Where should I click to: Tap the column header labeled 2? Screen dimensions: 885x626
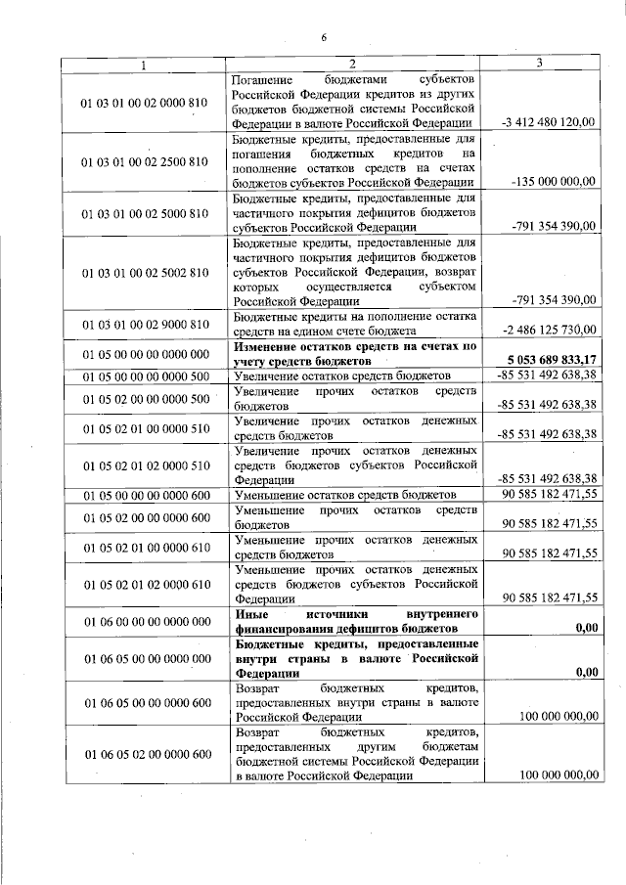click(x=355, y=65)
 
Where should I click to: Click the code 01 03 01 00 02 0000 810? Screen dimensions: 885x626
click(x=145, y=101)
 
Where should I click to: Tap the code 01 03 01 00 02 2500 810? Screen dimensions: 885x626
click(x=145, y=160)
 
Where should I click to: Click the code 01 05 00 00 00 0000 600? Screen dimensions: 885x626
click(x=145, y=495)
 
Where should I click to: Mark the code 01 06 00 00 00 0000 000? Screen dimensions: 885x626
click(x=145, y=621)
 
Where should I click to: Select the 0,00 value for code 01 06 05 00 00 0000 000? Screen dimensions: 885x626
click(x=587, y=672)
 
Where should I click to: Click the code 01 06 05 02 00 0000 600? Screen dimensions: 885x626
click(x=145, y=753)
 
